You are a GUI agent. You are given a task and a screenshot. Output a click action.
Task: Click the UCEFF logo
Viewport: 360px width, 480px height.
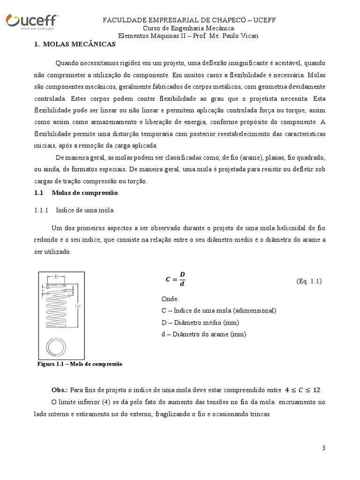pos(31,22)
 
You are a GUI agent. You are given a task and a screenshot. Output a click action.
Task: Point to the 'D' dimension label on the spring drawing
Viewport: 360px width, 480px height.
pos(57,277)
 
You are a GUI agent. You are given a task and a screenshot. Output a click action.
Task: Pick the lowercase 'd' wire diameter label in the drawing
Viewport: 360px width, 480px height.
pos(68,296)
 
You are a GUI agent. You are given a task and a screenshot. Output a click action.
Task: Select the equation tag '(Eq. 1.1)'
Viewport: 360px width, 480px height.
pos(309,281)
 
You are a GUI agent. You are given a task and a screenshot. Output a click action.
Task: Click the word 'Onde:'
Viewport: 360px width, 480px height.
pos(170,299)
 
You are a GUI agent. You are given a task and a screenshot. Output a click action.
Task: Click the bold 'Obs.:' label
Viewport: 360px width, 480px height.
pos(59,390)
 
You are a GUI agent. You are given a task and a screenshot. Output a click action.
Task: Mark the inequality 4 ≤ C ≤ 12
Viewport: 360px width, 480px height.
pos(303,390)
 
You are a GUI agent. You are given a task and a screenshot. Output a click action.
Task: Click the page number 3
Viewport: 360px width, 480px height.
pos(323,448)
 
